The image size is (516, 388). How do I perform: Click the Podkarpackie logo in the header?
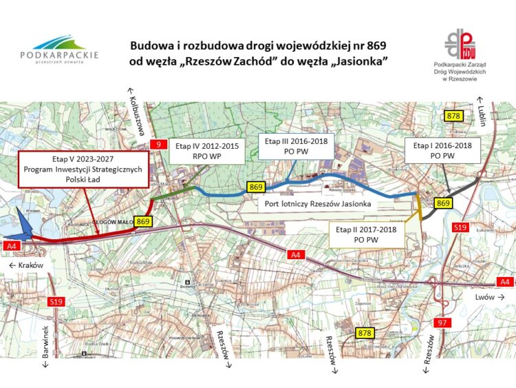point(59,48)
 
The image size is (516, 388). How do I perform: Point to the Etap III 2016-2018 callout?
point(297,145)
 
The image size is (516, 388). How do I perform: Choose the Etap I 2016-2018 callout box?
point(442,151)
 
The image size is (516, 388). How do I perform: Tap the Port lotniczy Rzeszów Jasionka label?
point(318,204)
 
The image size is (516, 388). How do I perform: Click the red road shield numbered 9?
point(159,145)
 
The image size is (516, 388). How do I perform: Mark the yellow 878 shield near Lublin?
point(453,116)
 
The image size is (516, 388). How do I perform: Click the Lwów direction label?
point(488,296)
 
